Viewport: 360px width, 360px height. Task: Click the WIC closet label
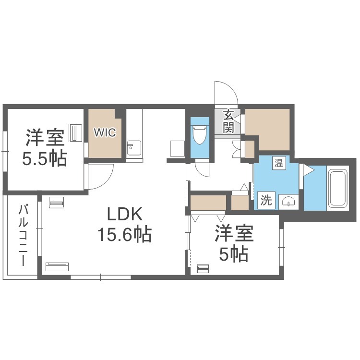[x=105, y=132]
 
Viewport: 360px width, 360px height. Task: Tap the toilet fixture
[x=200, y=134]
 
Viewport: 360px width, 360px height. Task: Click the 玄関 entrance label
[x=228, y=121]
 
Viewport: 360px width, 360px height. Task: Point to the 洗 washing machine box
[x=266, y=200]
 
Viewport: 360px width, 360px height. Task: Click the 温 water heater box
[x=279, y=163]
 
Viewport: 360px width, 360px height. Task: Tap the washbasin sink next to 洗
[x=288, y=202]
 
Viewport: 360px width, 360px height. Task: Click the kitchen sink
[x=134, y=148]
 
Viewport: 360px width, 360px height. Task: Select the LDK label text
[x=125, y=214]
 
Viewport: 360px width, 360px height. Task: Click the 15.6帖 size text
[x=125, y=234]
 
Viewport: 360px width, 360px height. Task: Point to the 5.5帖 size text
[x=45, y=158]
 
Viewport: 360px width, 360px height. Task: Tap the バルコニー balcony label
[x=23, y=236]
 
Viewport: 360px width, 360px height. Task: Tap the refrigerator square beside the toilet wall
[x=178, y=148]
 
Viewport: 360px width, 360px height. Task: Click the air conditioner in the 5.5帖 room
[x=76, y=132]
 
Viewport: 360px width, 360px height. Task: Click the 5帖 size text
[x=234, y=254]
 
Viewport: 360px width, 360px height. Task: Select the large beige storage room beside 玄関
[x=268, y=130]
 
